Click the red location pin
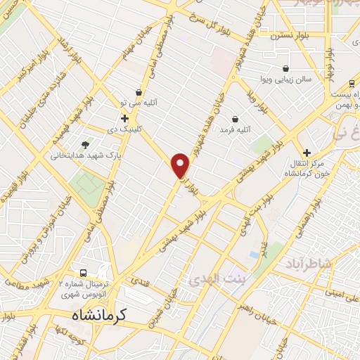181,165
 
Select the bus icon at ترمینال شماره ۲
84,273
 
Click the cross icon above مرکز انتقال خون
306,153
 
